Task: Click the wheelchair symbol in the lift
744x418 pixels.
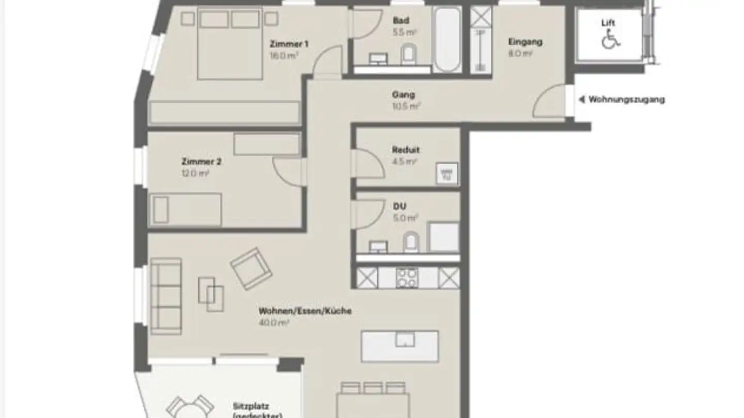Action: point(610,39)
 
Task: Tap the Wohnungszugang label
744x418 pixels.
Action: point(626,100)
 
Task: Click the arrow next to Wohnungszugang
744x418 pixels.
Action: point(582,100)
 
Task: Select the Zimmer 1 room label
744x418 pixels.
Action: point(285,44)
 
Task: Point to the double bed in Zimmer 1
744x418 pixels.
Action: point(229,45)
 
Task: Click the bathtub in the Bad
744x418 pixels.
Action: point(447,40)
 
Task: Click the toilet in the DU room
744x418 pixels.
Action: point(412,242)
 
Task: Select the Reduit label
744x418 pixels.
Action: point(406,150)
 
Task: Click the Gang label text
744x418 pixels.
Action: point(404,95)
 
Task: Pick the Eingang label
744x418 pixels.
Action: point(525,42)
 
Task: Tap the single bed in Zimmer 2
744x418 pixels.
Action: point(185,210)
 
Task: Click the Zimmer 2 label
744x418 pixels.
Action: point(202,162)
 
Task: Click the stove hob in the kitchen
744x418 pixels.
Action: point(407,278)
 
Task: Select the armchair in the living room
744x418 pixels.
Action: point(251,268)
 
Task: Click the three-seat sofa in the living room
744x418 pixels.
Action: point(166,295)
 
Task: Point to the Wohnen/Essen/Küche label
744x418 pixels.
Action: point(305,311)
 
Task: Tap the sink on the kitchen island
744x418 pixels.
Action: point(405,340)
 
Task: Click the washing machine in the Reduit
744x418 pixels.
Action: point(447,173)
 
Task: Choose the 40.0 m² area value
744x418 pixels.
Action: point(274,323)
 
